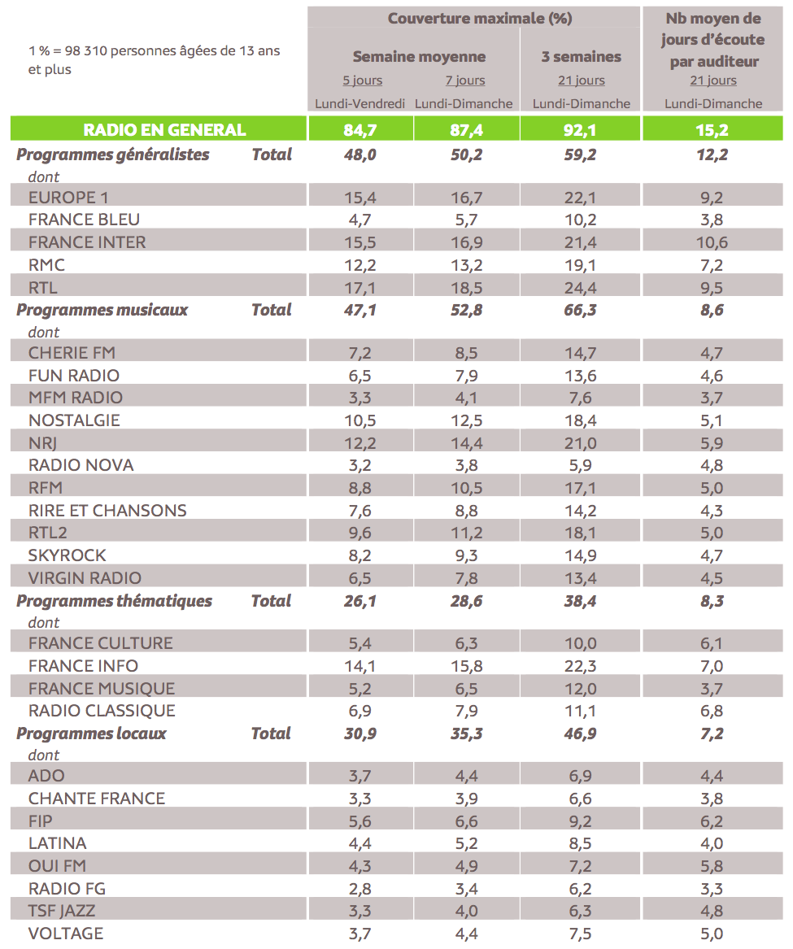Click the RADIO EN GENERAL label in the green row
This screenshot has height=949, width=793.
[164, 129]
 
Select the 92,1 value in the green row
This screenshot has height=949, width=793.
[581, 129]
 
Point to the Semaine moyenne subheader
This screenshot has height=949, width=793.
[419, 57]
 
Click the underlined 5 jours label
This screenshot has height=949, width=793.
[363, 81]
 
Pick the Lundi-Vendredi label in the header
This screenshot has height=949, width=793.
[360, 103]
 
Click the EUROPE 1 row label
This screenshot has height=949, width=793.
[68, 198]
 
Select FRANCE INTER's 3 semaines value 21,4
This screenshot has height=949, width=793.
[581, 242]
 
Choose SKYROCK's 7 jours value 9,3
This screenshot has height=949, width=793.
[465, 555]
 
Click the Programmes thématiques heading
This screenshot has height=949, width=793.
[114, 601]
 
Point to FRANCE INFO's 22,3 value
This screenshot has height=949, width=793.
[581, 666]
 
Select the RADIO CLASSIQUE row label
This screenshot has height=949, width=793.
[102, 711]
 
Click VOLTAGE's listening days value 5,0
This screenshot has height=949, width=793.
[712, 934]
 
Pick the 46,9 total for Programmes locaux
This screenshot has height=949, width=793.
[581, 734]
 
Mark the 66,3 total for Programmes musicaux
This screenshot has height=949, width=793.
[581, 310]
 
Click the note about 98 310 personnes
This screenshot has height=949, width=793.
[155, 60]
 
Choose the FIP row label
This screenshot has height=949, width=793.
[41, 821]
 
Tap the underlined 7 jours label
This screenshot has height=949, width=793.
[465, 81]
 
